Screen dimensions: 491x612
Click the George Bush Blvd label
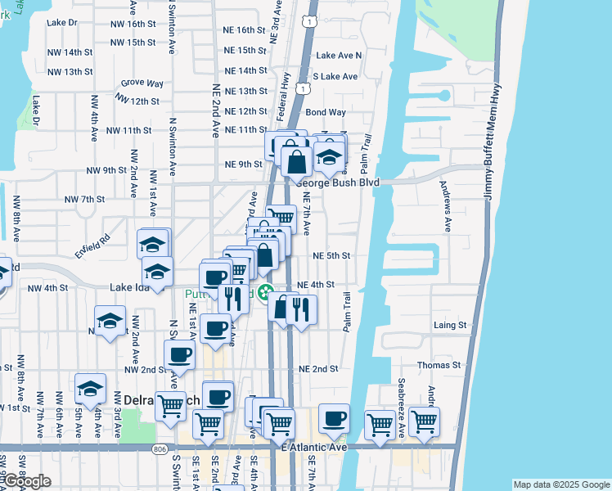pos(338,182)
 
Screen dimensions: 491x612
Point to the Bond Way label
pos(326,112)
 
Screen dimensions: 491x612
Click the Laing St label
pos(449,325)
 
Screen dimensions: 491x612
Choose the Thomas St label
pos(439,365)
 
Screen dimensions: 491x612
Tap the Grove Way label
pos(142,83)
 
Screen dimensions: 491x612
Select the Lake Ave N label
pos(339,56)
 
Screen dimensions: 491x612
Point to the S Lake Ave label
pos(336,76)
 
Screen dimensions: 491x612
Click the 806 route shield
pos(157,448)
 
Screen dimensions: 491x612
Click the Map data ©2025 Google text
pos(560,484)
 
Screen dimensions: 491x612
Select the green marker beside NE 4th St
pos(265,292)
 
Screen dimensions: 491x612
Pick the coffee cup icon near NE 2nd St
pos(180,354)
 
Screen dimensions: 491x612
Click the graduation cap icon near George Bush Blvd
pos(329,157)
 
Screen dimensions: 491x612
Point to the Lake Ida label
pos(130,288)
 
